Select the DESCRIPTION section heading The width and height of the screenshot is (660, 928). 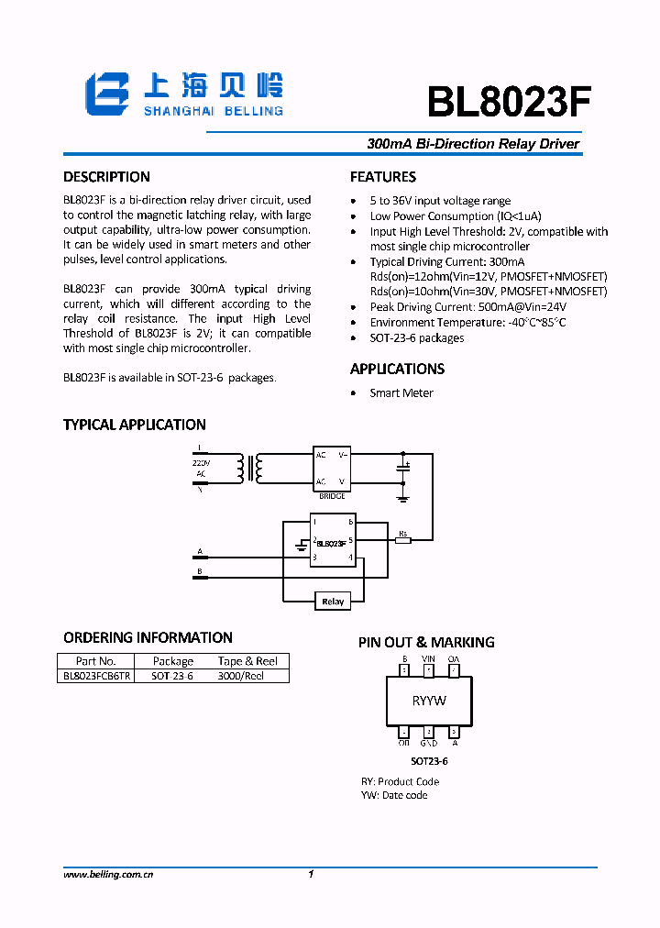coord(106,177)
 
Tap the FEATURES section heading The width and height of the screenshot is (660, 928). coord(383,177)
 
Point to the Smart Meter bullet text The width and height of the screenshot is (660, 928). coord(401,392)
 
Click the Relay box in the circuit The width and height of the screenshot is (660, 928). coord(333,602)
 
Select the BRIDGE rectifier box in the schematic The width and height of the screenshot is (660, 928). coord(332,468)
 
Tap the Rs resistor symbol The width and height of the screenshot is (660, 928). coord(402,540)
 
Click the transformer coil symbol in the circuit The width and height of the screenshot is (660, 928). coord(249,468)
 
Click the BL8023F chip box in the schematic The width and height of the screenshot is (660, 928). coord(333,541)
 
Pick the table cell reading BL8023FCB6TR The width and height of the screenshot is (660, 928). coord(96,676)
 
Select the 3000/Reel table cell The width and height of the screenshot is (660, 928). coord(240,676)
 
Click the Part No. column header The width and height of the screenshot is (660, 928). coord(96,661)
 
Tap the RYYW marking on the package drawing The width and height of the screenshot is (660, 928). coord(429,701)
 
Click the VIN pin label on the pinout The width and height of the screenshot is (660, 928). coord(428,659)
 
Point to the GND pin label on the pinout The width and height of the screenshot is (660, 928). coord(428,744)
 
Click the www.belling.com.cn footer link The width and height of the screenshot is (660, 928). coord(108,875)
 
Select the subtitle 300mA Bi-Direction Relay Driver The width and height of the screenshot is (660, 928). coord(473,144)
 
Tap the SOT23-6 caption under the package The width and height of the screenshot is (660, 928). coord(429,761)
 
